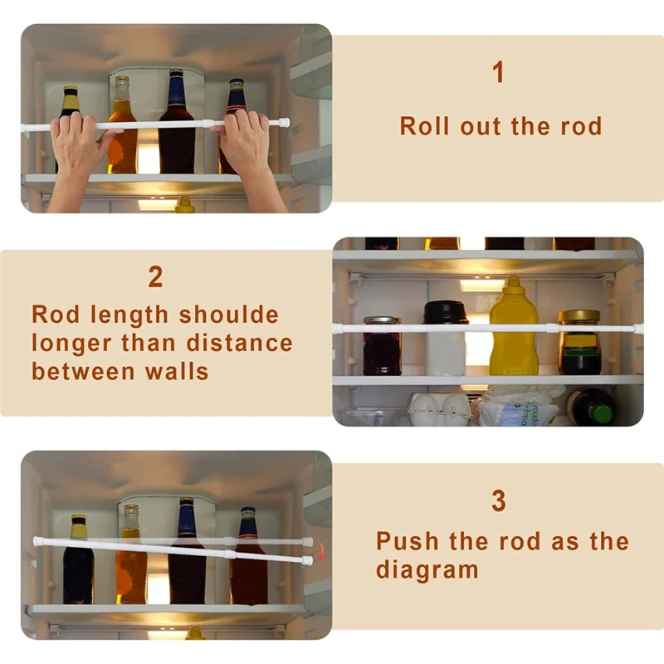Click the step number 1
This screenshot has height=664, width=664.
pyautogui.click(x=498, y=73)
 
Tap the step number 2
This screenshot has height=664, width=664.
pyautogui.click(x=155, y=277)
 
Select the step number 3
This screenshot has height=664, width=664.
pyautogui.click(x=498, y=501)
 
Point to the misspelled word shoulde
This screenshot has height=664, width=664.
pyautogui.click(x=229, y=315)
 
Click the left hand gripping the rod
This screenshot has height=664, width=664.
pyautogui.click(x=78, y=145)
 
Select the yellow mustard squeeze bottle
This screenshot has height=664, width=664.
pyautogui.click(x=513, y=328)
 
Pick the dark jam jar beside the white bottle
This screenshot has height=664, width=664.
pyautogui.click(x=382, y=345)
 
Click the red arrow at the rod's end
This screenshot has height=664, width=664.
pyautogui.click(x=321, y=550)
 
